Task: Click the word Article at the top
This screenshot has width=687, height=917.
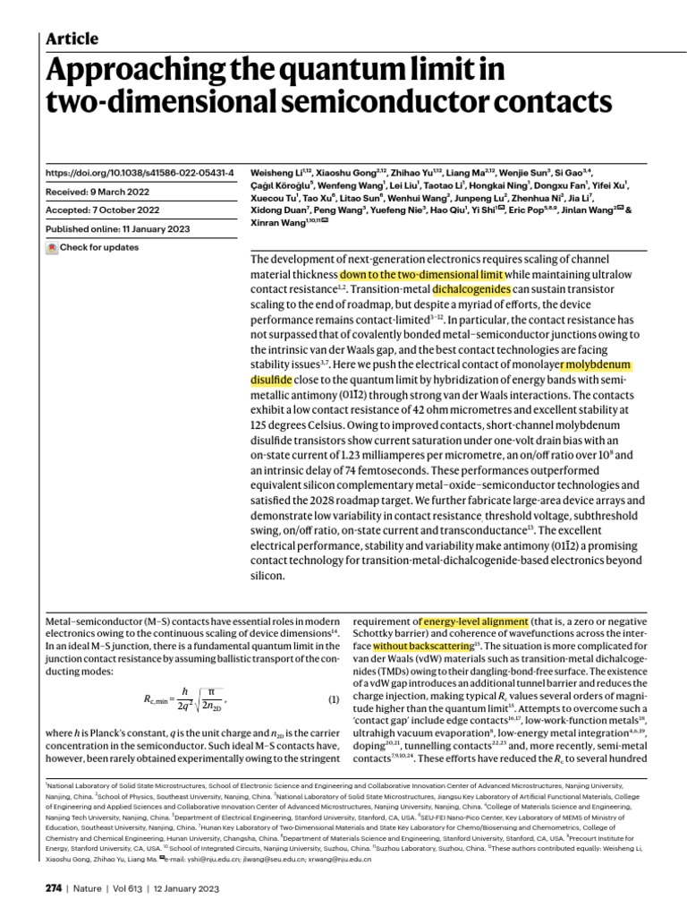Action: [72, 39]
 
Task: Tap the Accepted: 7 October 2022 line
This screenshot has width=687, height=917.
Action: [102, 210]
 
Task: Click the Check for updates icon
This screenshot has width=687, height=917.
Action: [52, 248]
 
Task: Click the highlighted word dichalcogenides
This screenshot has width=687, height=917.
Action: [471, 290]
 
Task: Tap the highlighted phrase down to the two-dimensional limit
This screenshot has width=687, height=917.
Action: [422, 274]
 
